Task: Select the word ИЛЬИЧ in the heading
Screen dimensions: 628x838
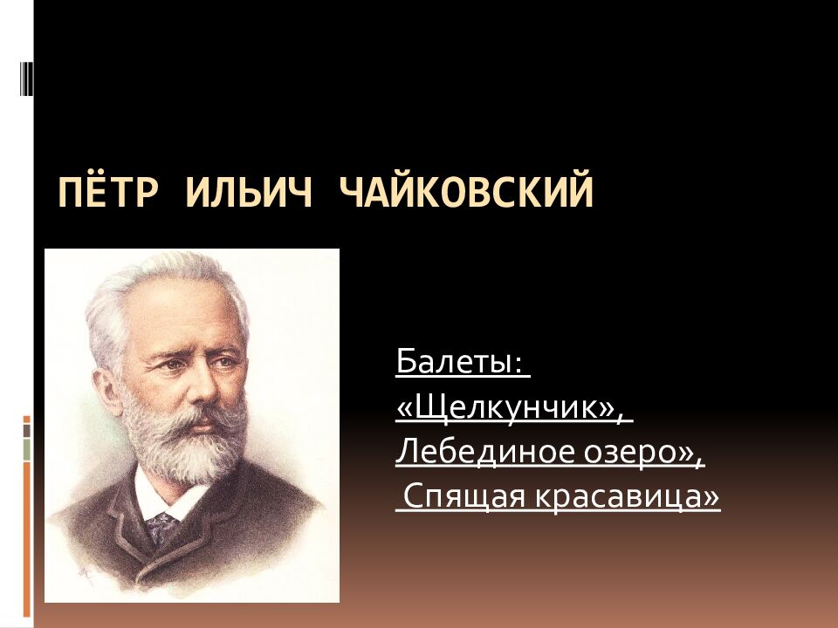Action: click(247, 193)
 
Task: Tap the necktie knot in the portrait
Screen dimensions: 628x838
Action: click(161, 523)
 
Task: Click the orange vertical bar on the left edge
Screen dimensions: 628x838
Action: click(27, 541)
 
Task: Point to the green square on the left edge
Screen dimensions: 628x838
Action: click(27, 450)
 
